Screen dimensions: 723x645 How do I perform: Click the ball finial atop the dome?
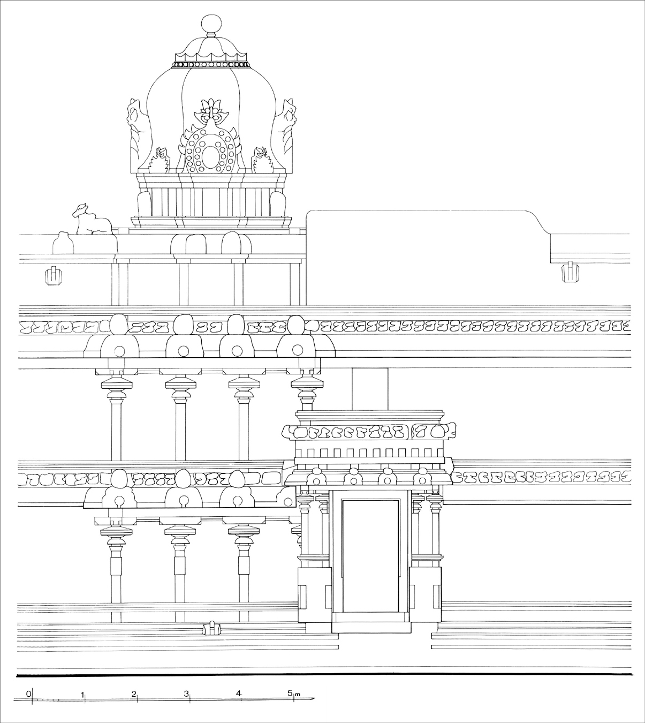[x=210, y=24]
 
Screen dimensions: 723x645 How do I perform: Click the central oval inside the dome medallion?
[x=211, y=156]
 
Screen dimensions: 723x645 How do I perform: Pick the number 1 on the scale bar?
[x=82, y=694]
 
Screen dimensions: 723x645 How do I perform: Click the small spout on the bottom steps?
[x=212, y=627]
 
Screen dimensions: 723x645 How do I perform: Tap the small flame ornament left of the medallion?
[x=160, y=160]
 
